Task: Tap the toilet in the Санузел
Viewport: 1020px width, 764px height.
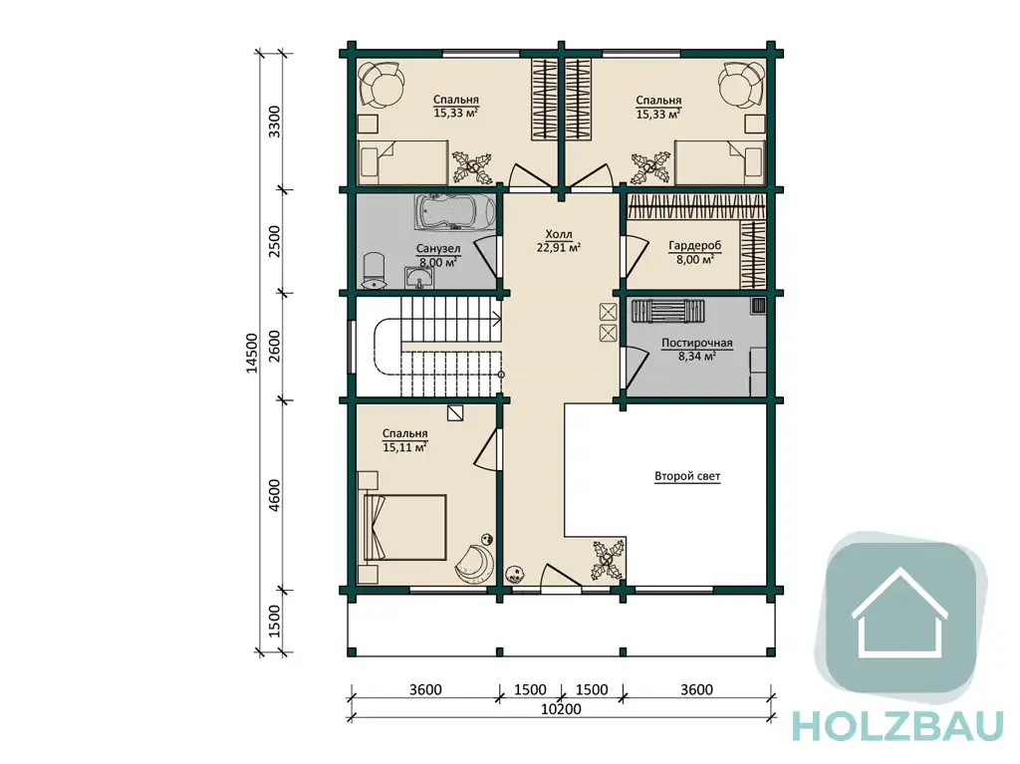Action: coord(374,271)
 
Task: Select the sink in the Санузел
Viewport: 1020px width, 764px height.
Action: coord(419,278)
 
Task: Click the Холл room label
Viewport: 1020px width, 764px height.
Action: coord(558,234)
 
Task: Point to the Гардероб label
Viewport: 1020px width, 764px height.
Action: coord(694,246)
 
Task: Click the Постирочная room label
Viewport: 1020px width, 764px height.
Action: coord(696,343)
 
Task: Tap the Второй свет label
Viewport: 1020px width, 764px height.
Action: coord(687,476)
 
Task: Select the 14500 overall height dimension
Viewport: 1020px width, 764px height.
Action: coord(252,353)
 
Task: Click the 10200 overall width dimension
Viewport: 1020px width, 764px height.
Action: coord(561,709)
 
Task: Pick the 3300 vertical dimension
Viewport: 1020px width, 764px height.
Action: coord(275,122)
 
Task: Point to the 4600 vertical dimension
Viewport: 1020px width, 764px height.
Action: coord(275,495)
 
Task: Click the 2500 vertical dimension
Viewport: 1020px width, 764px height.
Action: coord(275,241)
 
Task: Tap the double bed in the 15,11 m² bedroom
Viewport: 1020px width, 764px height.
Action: coord(405,527)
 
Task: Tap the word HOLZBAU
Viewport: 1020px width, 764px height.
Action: coord(897,725)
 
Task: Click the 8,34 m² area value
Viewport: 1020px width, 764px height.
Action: coord(696,356)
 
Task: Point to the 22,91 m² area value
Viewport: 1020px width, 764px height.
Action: coord(558,247)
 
